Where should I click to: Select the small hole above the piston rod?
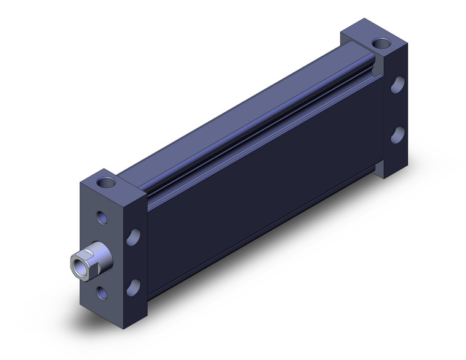pyautogui.click(x=101, y=217)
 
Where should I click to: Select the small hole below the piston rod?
pyautogui.click(x=102, y=293)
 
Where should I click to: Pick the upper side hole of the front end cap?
pyautogui.click(x=133, y=237)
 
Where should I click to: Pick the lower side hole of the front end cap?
pyautogui.click(x=133, y=286)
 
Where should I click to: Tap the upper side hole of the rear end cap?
pyautogui.click(x=397, y=85)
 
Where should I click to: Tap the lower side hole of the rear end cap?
pyautogui.click(x=397, y=133)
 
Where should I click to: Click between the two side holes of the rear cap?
pyautogui.click(x=397, y=109)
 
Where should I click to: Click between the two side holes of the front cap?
pyautogui.click(x=133, y=262)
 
